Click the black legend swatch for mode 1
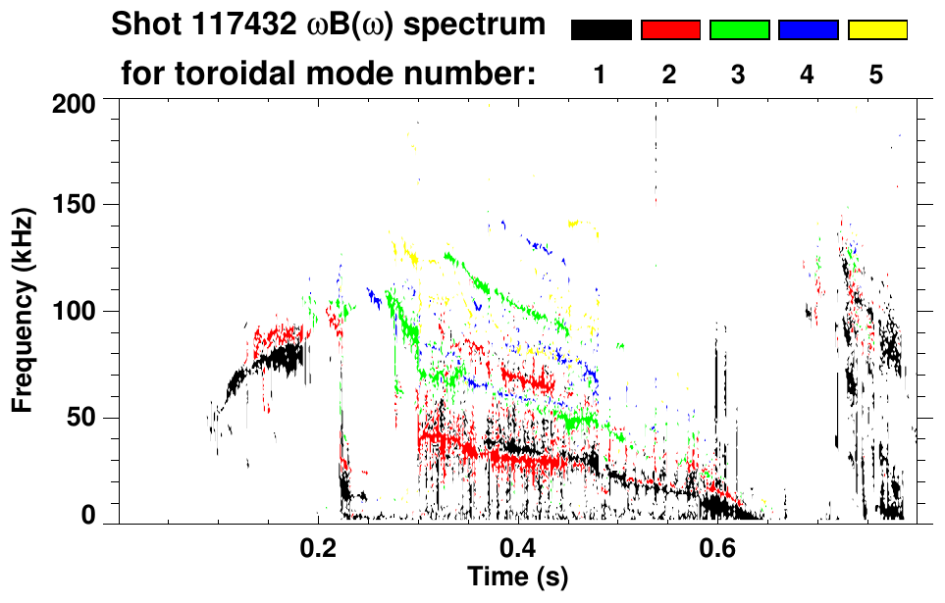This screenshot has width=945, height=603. pyautogui.click(x=602, y=30)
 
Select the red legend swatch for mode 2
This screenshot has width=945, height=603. pyautogui.click(x=670, y=30)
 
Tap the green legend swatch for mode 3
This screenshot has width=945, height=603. pyautogui.click(x=739, y=30)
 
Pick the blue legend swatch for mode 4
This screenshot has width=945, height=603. pyautogui.click(x=808, y=30)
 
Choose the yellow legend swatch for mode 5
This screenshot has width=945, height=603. pyautogui.click(x=876, y=30)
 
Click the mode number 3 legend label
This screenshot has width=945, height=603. pyautogui.click(x=739, y=75)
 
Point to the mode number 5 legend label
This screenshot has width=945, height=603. pyautogui.click(x=876, y=75)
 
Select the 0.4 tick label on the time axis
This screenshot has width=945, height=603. pyautogui.click(x=517, y=545)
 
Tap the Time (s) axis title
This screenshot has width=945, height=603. pyautogui.click(x=517, y=577)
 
